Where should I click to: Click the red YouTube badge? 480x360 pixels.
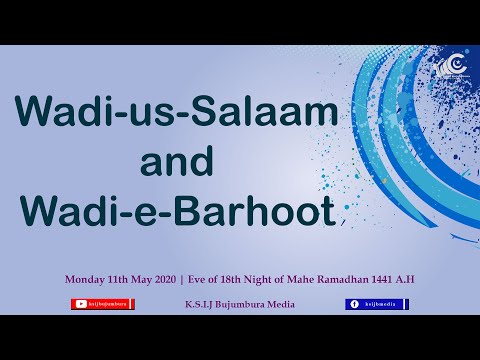[x=103, y=304]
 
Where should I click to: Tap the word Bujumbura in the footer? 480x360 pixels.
[x=244, y=304]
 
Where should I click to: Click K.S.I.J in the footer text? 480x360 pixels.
[x=201, y=304]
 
